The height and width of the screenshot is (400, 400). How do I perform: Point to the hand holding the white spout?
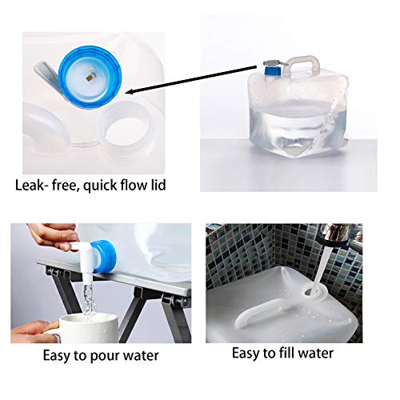tap(48, 237)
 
